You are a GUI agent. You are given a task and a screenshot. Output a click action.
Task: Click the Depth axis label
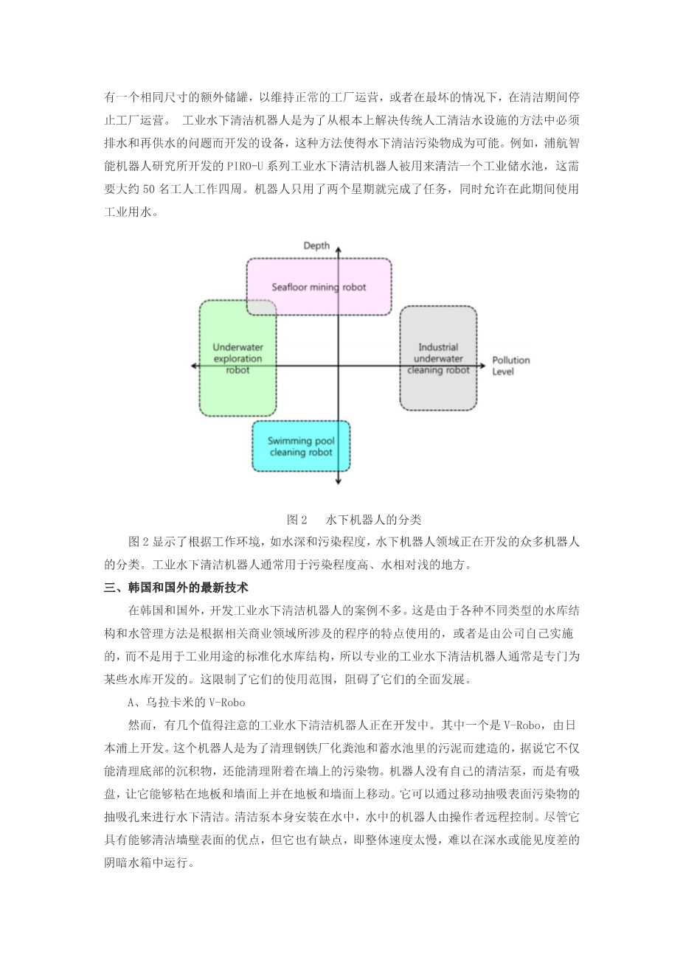click(x=316, y=245)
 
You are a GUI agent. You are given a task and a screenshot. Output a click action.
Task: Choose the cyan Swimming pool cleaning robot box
click(x=301, y=446)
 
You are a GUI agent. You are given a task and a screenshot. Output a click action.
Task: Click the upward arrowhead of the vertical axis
click(x=338, y=252)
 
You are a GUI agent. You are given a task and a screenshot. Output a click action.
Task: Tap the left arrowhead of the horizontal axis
click(x=194, y=366)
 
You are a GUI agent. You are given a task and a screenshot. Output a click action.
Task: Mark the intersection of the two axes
click(x=338, y=366)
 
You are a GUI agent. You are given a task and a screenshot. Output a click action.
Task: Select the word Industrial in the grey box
click(x=438, y=347)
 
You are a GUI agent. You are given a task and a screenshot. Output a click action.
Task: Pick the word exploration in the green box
click(x=238, y=358)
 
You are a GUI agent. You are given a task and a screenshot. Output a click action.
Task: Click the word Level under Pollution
click(x=503, y=372)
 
